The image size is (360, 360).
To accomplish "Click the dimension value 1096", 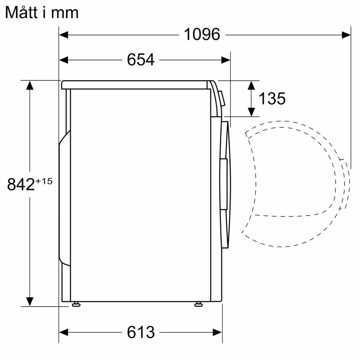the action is coord(202,35).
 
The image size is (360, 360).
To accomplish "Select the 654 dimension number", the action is coord(141,60).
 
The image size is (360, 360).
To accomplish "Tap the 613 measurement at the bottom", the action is coord(141,332).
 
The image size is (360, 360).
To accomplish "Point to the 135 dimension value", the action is coord(272,99).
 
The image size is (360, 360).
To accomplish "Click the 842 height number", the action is coord(21,184).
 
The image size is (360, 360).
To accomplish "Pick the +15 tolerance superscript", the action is coord(44,181).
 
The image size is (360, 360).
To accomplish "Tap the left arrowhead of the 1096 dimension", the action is coord(63,35).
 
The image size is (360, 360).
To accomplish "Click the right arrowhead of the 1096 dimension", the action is coord(346,35).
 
